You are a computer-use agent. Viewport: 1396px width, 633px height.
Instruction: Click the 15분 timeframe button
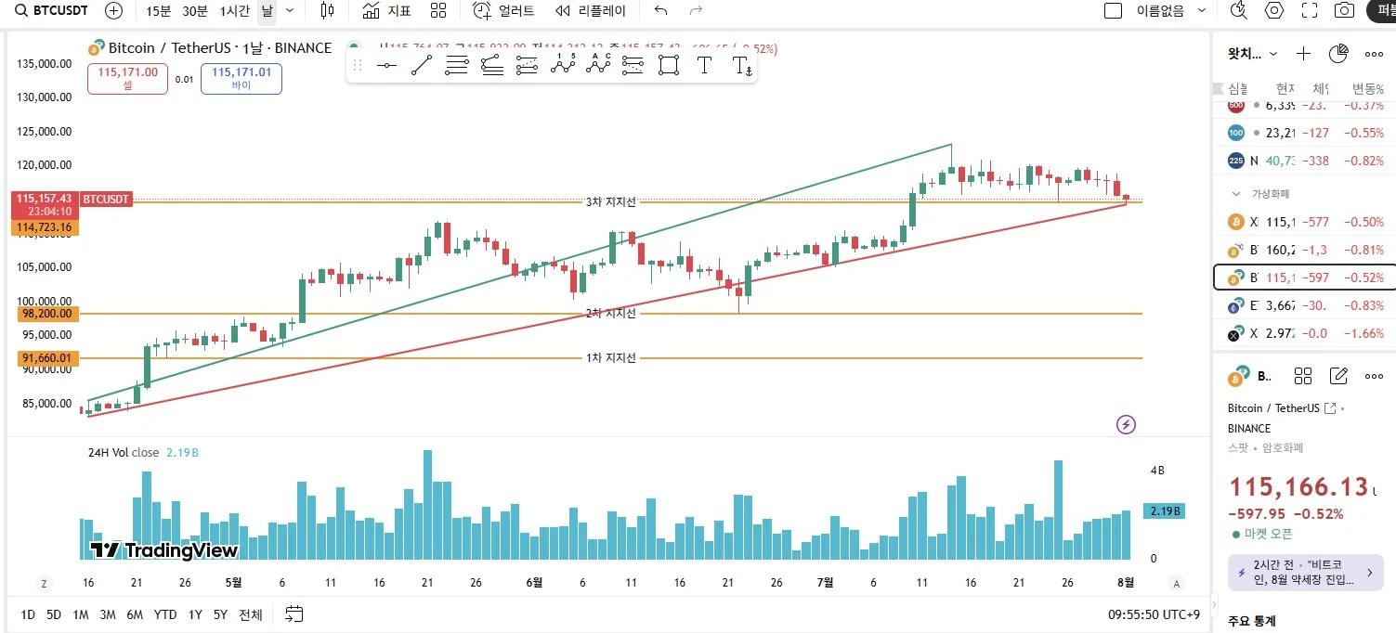point(159,11)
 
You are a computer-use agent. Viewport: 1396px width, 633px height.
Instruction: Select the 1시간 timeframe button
point(234,11)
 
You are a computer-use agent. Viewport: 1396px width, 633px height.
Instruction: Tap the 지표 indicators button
point(386,11)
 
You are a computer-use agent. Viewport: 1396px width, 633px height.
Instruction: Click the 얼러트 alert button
point(504,11)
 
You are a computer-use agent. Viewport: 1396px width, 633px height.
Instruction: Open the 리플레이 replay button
point(591,11)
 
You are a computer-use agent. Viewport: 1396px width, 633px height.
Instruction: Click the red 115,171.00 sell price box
point(127,78)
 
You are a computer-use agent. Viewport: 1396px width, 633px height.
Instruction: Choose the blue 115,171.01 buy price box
point(241,78)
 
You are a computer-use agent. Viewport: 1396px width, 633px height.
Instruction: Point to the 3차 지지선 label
point(610,201)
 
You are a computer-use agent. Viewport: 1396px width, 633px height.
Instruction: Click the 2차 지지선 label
point(610,314)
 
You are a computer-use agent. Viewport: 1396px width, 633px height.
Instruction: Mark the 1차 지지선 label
point(610,358)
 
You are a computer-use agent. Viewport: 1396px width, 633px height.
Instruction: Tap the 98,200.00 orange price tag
point(46,314)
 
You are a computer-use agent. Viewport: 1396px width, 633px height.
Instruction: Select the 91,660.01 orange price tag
point(46,358)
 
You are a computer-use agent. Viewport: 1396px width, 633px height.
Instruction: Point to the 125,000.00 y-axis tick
point(45,131)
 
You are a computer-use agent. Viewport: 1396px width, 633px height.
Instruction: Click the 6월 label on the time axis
point(534,583)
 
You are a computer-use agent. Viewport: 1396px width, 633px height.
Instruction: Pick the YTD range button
point(165,614)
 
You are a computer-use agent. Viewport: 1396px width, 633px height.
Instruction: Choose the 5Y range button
point(220,614)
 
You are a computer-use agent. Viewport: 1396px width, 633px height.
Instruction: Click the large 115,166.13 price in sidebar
point(1298,487)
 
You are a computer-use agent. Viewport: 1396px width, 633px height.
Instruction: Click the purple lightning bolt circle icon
point(1126,425)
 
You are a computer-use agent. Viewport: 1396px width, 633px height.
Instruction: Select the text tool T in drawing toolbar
point(704,65)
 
